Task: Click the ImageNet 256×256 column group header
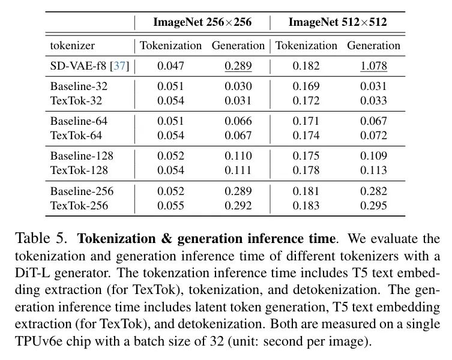point(202,22)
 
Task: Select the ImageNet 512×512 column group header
point(337,22)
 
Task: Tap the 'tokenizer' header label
point(73,46)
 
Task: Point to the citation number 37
point(119,66)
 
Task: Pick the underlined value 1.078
point(373,66)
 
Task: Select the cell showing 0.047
point(170,66)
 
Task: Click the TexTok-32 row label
point(76,101)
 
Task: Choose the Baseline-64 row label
point(79,121)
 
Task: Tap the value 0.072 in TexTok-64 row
point(373,136)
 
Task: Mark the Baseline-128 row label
point(82,156)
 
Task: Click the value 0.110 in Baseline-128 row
point(238,156)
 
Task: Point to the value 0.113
point(373,170)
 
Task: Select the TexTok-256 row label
point(79,206)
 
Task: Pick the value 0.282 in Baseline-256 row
point(373,191)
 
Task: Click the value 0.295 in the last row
point(373,206)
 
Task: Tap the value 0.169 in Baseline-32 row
point(306,86)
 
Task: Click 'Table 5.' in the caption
point(41,238)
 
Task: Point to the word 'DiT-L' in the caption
point(32,272)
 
